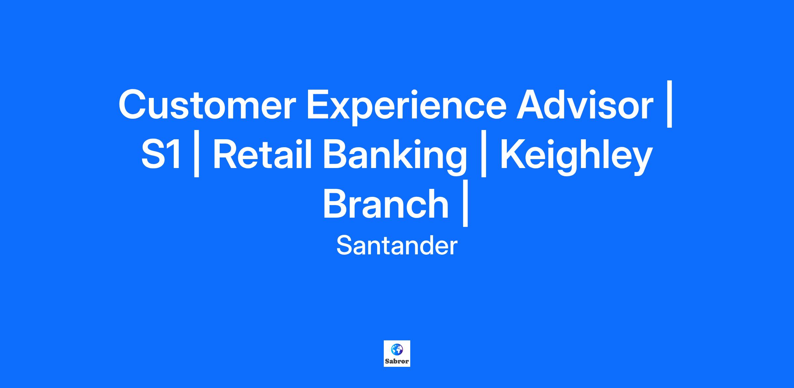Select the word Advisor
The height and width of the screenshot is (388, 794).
click(585, 104)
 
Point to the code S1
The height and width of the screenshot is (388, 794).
click(161, 154)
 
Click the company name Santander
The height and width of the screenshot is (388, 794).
click(397, 246)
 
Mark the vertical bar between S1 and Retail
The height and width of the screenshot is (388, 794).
click(197, 153)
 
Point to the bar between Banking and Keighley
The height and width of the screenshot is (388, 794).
click(483, 153)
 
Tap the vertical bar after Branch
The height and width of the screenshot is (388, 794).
click(465, 203)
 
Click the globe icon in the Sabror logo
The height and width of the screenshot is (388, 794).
click(397, 349)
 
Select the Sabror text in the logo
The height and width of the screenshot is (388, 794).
click(397, 361)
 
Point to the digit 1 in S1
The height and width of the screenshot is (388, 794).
click(175, 154)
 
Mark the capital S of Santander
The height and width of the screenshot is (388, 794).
click(344, 245)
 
